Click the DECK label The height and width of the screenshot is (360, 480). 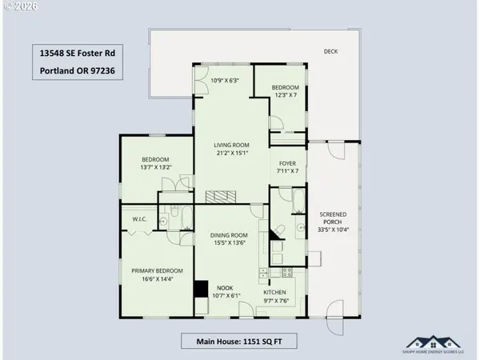click(331, 51)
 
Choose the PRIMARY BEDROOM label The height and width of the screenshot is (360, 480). click(158, 270)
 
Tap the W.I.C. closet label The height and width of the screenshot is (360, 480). click(133, 219)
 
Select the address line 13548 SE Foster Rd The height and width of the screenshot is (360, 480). click(76, 54)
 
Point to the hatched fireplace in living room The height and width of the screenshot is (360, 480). click(221, 197)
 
